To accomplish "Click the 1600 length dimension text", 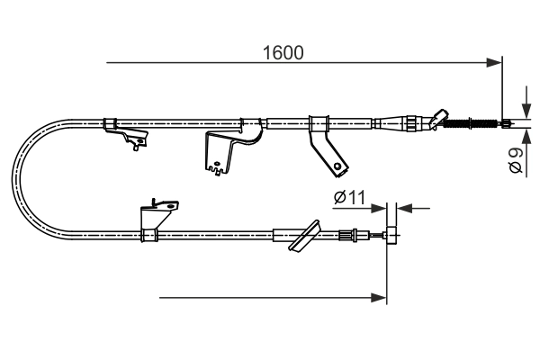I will tap(283, 52).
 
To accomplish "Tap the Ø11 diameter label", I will tap(347, 197).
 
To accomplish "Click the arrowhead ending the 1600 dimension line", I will tap(494, 62).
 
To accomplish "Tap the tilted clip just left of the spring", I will tap(438, 118).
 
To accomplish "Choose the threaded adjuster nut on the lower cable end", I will tap(346, 237).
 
